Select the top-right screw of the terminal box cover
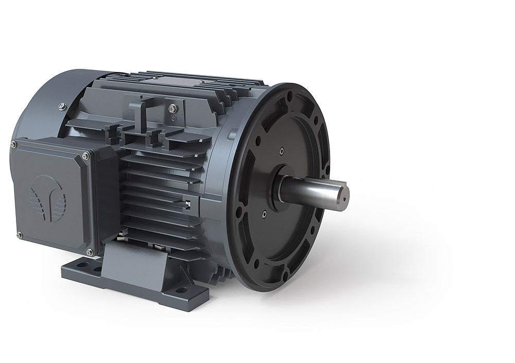point(85,155)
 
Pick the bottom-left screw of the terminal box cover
point(19,235)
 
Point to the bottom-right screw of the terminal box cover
point(90,252)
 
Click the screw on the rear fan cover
point(62,106)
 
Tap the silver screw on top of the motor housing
point(173,108)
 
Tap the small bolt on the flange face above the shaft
point(281,151)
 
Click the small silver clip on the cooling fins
point(188,204)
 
